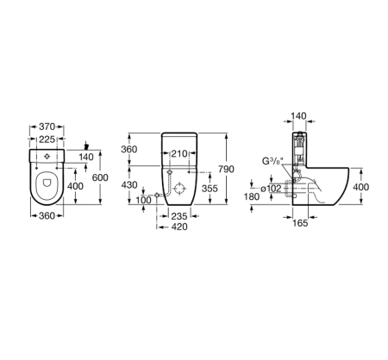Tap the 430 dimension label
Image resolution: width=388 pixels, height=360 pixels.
[x=130, y=186]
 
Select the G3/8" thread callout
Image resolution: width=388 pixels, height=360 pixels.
[x=272, y=161]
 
